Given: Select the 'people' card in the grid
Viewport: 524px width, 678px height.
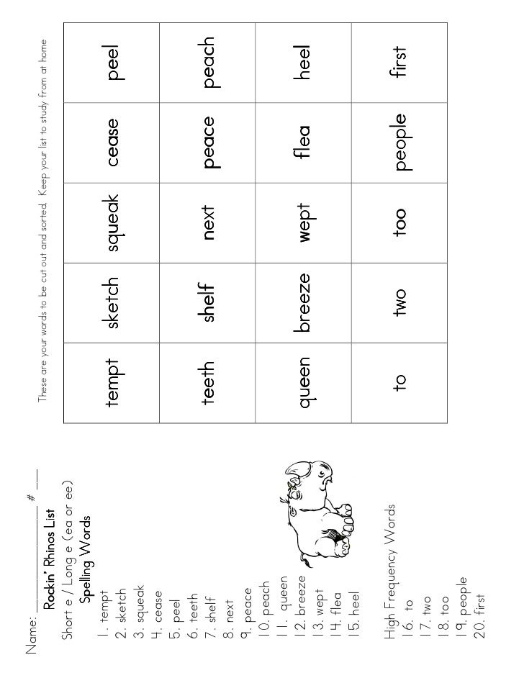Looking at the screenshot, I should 399,143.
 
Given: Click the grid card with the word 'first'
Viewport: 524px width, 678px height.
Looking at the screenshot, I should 399,63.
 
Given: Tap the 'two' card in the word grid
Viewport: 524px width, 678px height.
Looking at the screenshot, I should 399,303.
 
